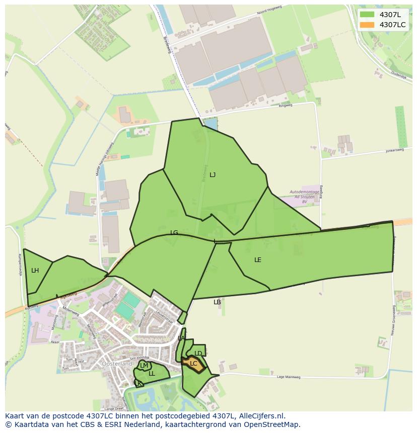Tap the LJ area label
(x=213, y=175)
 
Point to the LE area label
(x=258, y=260)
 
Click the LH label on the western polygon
(x=35, y=271)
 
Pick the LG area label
(x=174, y=233)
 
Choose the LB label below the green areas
(x=217, y=302)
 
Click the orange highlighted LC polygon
(x=193, y=364)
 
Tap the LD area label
(x=198, y=354)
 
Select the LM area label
(x=144, y=366)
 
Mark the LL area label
(x=152, y=374)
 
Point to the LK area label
(x=138, y=383)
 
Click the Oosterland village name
(x=117, y=364)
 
